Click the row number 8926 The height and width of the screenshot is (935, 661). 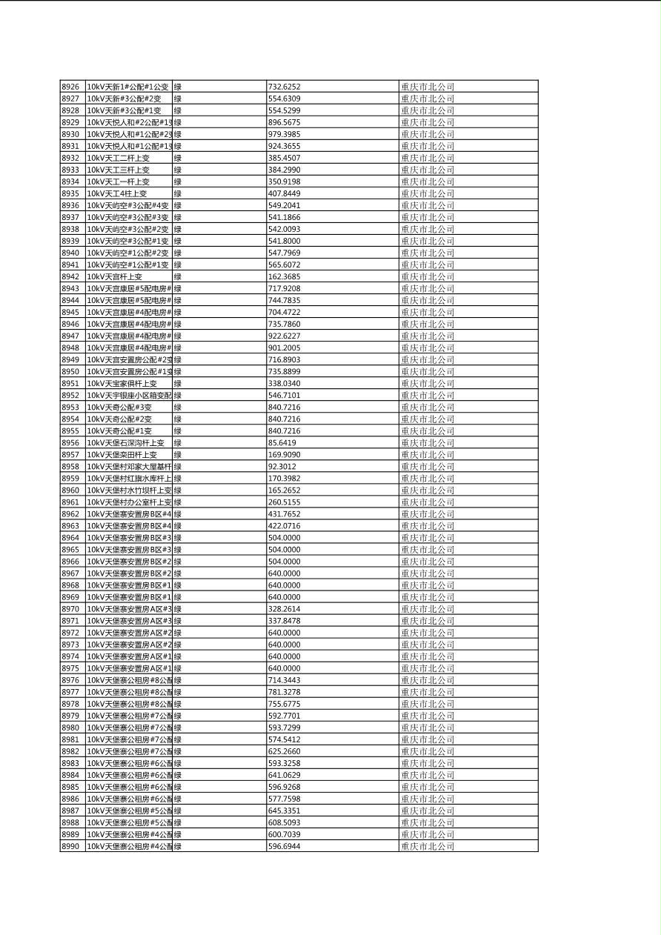pos(70,87)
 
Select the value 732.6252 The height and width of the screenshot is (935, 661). pos(284,87)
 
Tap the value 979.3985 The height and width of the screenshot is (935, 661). pos(284,134)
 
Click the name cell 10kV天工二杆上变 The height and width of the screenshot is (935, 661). pos(118,158)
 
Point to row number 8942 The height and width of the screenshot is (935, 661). pos(70,276)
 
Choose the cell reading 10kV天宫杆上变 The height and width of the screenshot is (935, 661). pos(114,276)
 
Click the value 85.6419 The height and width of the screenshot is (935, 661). pos(282,443)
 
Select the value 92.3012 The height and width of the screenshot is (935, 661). pos(282,467)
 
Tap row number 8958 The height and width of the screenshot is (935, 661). pos(70,467)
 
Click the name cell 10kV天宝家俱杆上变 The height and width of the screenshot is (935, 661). pos(122,384)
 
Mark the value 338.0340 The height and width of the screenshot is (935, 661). pos(284,384)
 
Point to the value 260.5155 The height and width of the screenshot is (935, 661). pos(284,502)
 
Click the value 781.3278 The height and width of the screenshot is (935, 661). pos(284,692)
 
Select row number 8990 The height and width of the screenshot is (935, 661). pos(70,846)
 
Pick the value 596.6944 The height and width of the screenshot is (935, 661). pos(284,846)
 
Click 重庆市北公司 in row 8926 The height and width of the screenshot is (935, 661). pos(428,87)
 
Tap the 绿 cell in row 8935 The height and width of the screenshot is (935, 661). pos(178,193)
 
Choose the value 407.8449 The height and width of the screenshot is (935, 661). pos(284,193)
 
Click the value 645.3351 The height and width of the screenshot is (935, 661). pos(284,811)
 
